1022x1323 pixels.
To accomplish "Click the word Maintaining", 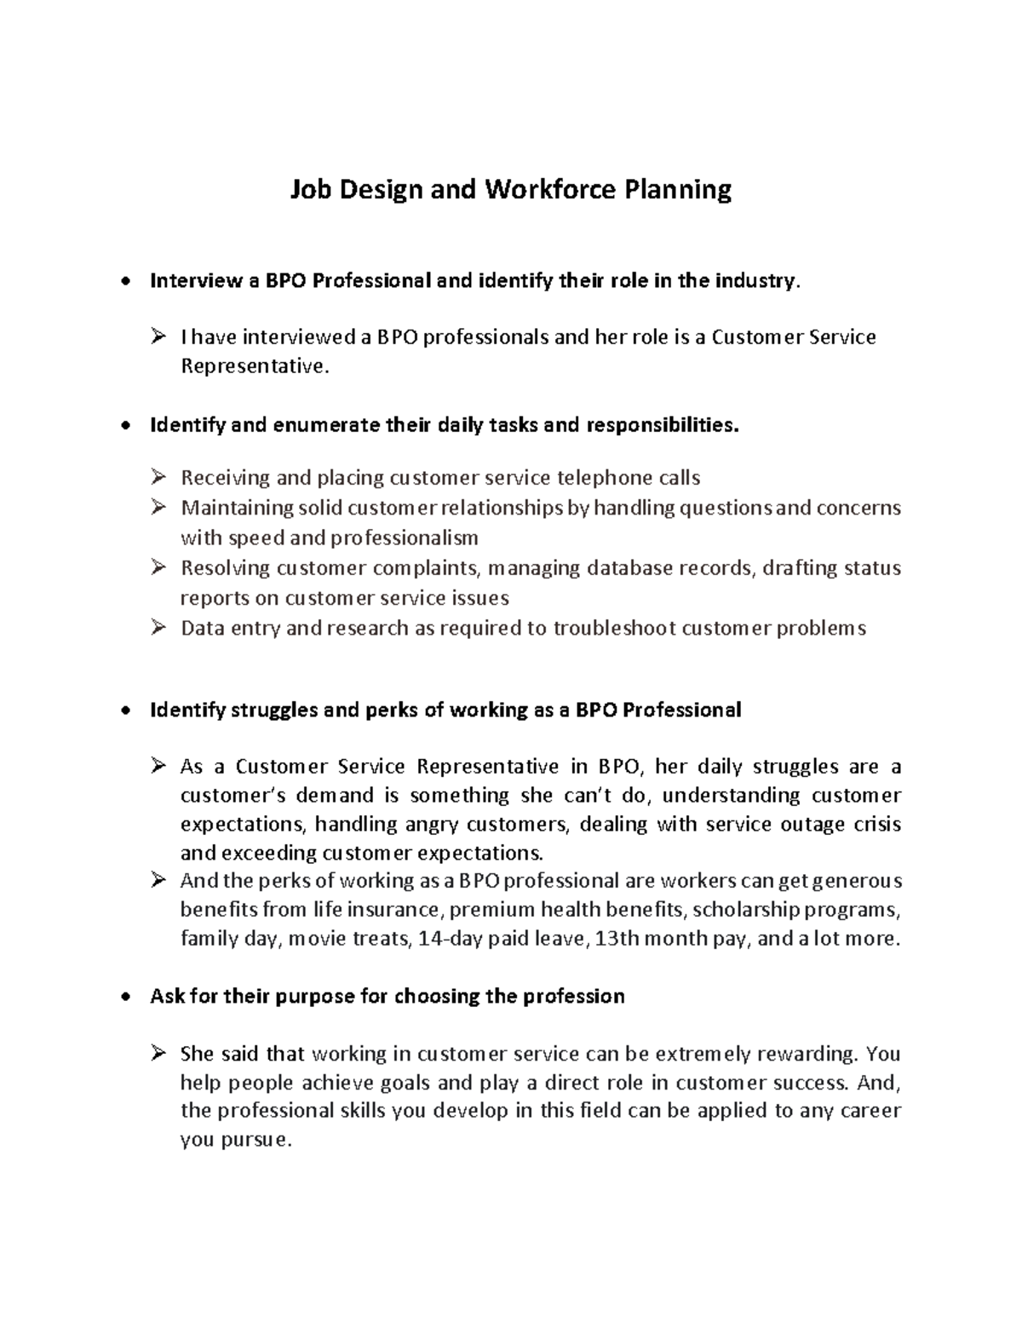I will (x=237, y=508).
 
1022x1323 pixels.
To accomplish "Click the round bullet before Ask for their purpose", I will (x=126, y=997).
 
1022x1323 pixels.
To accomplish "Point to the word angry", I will (x=433, y=824).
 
